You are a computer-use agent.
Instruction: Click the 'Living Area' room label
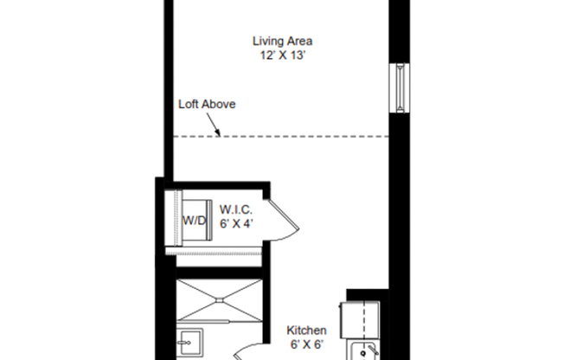coord(282,41)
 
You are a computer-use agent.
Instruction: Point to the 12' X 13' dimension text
coord(282,55)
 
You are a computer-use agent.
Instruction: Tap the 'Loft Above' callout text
coord(207,104)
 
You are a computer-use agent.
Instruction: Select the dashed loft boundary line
coord(303,137)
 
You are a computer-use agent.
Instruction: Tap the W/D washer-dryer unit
coord(194,221)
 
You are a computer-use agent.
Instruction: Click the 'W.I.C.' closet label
coord(236,209)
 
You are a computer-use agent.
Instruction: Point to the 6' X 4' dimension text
coord(236,222)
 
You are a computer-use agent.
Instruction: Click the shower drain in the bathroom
coord(218,300)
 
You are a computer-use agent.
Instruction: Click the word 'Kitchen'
coord(306,331)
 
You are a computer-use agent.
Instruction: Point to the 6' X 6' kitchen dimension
coord(306,344)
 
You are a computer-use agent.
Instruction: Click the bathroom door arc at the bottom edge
coord(242,353)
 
